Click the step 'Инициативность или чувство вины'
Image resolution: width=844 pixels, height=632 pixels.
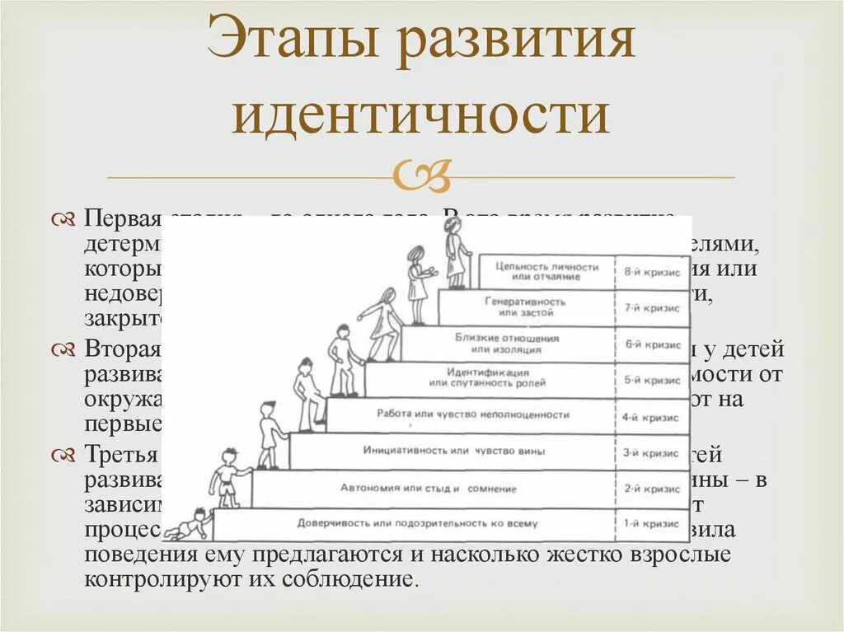click(453, 452)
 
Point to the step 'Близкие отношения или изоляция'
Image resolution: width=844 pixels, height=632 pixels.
click(507, 344)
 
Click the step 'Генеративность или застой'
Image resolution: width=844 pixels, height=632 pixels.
click(525, 307)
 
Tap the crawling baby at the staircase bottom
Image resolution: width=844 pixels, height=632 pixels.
click(189, 524)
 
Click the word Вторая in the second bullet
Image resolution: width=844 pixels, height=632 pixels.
click(121, 349)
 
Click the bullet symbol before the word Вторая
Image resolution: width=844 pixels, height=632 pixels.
click(63, 349)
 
